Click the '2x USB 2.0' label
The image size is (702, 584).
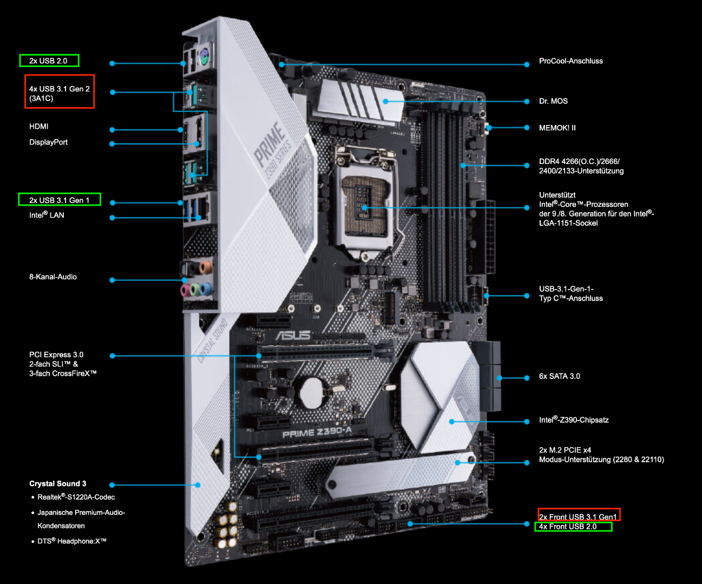point(48,61)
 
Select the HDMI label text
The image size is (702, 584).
point(38,127)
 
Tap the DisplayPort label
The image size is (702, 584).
point(48,142)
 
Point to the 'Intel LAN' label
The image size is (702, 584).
point(47,215)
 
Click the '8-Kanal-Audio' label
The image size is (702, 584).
point(53,277)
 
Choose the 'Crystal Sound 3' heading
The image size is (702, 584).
point(57,483)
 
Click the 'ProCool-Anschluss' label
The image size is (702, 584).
point(571,61)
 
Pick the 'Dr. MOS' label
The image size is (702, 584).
point(553,101)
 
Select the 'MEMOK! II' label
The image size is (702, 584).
point(557,128)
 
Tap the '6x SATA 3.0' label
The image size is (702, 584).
point(560,376)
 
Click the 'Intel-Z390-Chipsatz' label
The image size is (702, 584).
point(574,419)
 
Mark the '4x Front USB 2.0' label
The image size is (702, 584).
point(568,527)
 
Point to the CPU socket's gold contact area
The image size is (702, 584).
point(364,206)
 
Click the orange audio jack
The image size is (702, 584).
point(206,267)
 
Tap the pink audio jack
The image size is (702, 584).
point(185,290)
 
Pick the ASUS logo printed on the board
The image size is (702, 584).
point(293,335)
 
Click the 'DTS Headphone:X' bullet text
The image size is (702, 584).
point(72,541)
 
